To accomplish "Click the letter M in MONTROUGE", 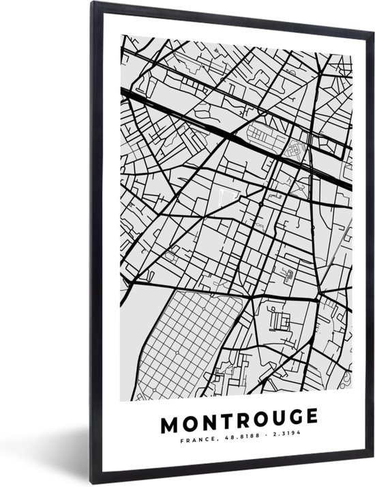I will click(169, 417).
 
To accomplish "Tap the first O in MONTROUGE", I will click(190, 417).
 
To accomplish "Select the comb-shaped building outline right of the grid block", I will click(278, 318).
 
